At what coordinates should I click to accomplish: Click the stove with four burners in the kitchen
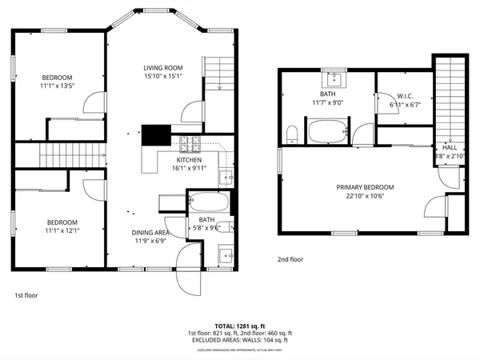point(190,145)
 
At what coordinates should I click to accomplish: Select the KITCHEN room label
point(190,160)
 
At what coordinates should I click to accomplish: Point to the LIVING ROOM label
point(163,67)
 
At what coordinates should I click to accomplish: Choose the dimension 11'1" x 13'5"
point(57,87)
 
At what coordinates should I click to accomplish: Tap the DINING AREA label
point(150,232)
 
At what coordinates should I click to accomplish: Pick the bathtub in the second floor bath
point(328,131)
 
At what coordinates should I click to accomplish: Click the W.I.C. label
point(404,95)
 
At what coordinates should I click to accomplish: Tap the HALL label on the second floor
point(450,148)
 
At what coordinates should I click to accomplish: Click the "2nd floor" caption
point(290,259)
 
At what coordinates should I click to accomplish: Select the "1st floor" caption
point(26,295)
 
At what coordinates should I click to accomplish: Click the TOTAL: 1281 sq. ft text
point(240,326)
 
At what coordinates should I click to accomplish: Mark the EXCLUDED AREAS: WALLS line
point(240,340)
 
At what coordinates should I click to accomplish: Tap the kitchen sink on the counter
point(226,178)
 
